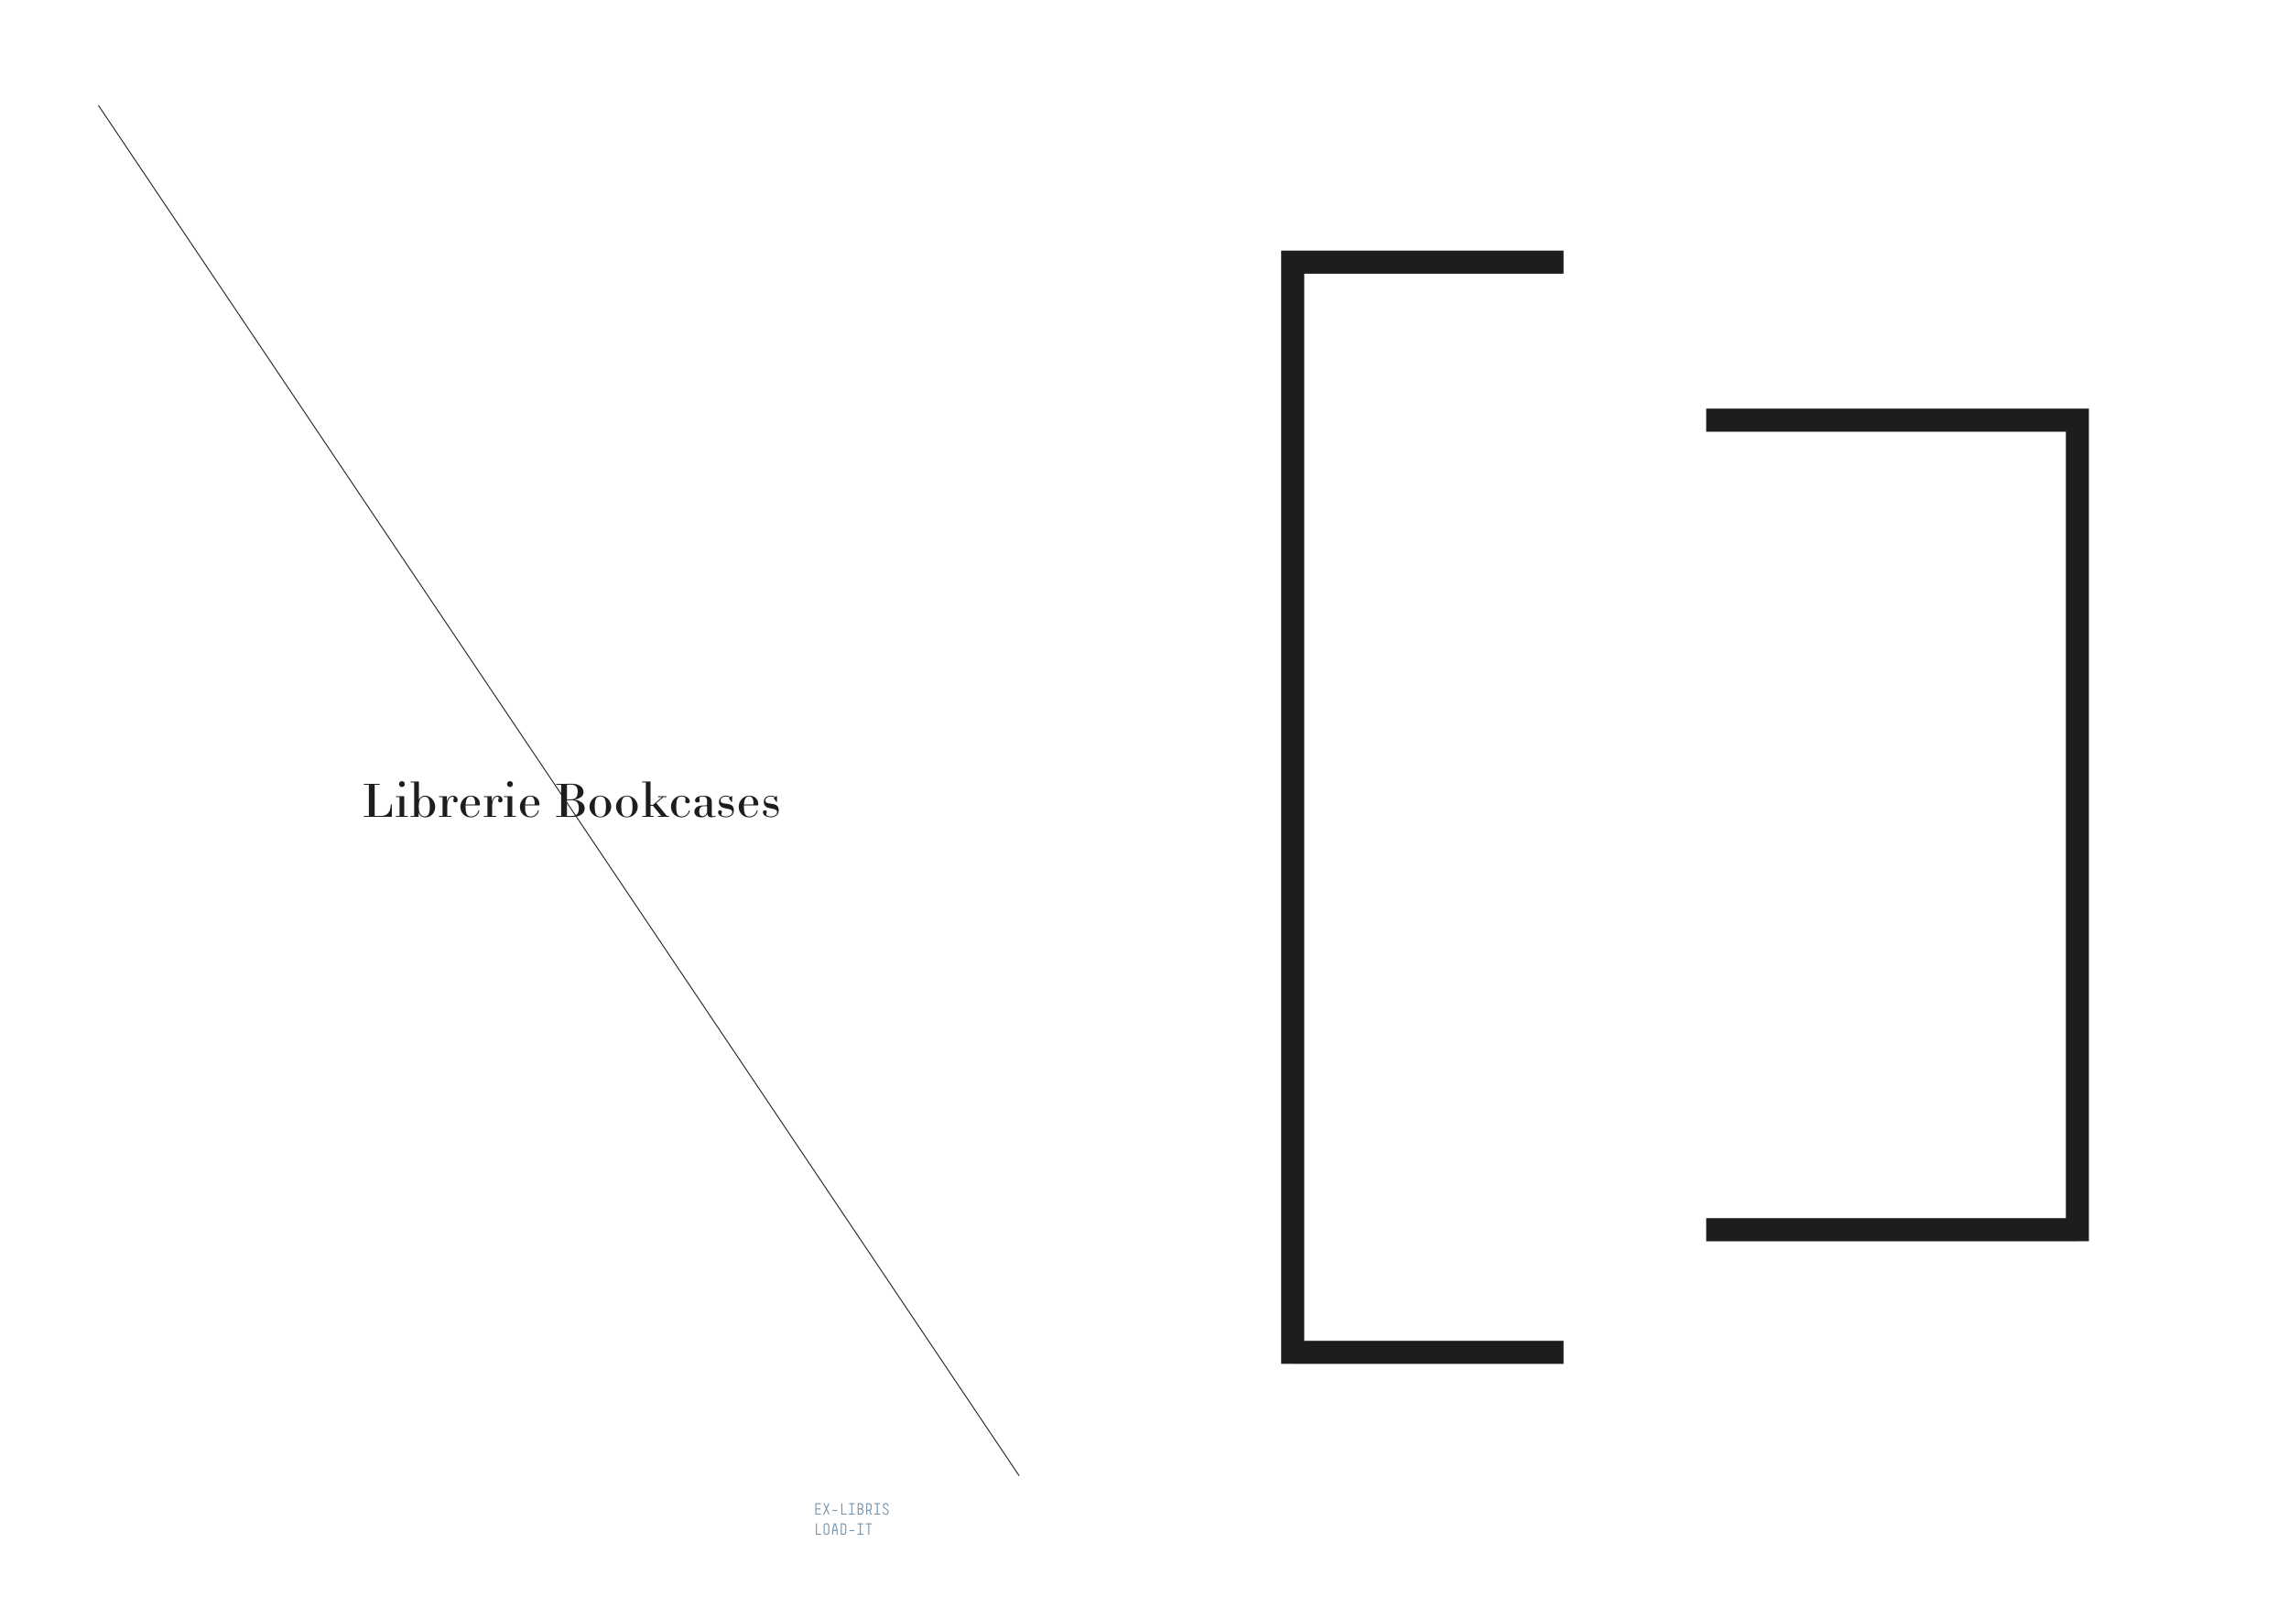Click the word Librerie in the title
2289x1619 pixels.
pyautogui.click(x=451, y=800)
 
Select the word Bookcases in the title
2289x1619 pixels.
pyautogui.click(x=668, y=800)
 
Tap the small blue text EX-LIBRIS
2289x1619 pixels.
pyautogui.click(x=852, y=1509)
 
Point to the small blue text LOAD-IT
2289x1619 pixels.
pyautogui.click(x=842, y=1529)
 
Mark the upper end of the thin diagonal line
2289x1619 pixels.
pyautogui.click(x=98, y=104)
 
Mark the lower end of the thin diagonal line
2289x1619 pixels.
pyautogui.click(x=1019, y=1475)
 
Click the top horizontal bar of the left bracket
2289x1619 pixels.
pyautogui.click(x=1422, y=262)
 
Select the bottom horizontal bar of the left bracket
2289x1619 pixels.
pyautogui.click(x=1422, y=1352)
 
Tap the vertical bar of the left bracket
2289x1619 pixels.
pyautogui.click(x=1292, y=807)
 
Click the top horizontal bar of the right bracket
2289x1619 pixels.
pyautogui.click(x=1897, y=419)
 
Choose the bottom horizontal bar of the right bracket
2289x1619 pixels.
pyautogui.click(x=1897, y=1229)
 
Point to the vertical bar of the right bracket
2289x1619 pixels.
pyautogui.click(x=2077, y=824)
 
